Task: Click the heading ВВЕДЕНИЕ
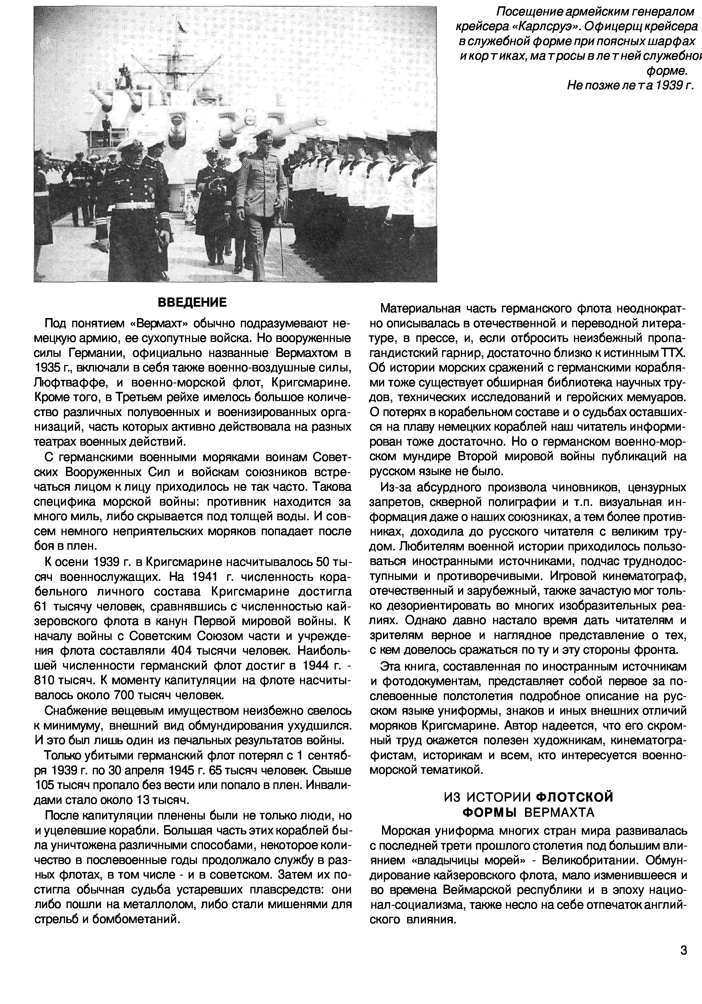pos(192,303)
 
